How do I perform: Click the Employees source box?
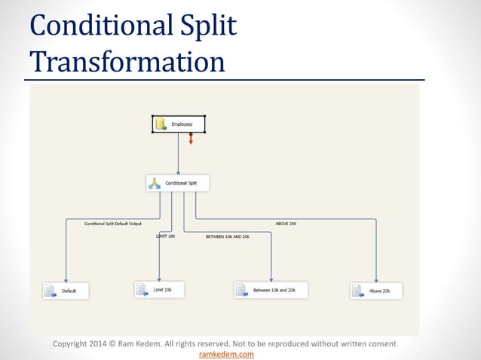[179, 124]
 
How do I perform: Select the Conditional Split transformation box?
[177, 183]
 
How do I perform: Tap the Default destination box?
[66, 291]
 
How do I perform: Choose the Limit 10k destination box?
[158, 289]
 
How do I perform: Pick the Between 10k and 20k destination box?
[271, 290]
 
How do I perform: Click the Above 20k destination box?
[376, 291]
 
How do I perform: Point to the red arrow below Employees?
[191, 139]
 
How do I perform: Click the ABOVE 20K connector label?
[286, 224]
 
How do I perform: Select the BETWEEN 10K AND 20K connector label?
[228, 236]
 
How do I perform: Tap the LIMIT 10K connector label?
[165, 236]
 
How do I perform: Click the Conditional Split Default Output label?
[112, 224]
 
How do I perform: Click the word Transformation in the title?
[127, 62]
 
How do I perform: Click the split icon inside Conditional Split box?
[155, 183]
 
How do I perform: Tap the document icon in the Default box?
[50, 291]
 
